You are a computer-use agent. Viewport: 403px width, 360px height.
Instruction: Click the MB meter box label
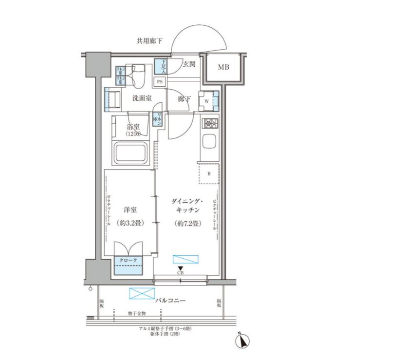pos(223,67)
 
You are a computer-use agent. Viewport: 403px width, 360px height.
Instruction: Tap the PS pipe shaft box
pos(160,82)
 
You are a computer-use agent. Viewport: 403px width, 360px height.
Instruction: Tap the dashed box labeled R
pos(208,174)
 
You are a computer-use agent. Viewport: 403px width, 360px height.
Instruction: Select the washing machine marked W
pos(208,100)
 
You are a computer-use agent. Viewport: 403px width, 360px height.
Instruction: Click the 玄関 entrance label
pos(189,64)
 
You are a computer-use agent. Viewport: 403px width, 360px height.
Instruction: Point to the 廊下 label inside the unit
pos(184,99)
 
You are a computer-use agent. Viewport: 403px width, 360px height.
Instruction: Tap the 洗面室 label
pos(142,98)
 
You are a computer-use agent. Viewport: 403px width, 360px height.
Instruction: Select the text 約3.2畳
pos(130,224)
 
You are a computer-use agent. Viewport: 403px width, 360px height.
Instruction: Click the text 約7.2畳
pos(187,224)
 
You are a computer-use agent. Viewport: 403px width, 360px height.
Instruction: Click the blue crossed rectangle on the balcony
pos(141,294)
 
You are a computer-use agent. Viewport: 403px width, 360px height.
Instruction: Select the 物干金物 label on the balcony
pos(137,314)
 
